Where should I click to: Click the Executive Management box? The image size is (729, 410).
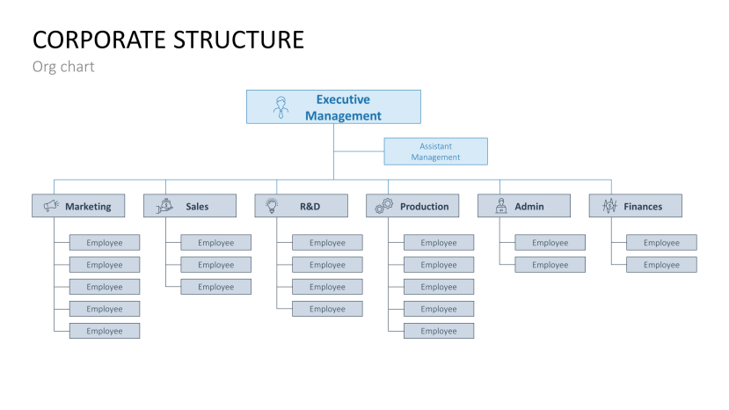pyautogui.click(x=333, y=106)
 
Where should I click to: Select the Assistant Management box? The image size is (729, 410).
pyautogui.click(x=435, y=151)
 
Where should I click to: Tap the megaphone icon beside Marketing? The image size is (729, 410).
pyautogui.click(x=51, y=206)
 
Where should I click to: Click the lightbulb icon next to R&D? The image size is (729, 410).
pyautogui.click(x=273, y=206)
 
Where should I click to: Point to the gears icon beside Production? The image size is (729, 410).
pyautogui.click(x=384, y=206)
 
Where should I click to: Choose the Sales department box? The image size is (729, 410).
pyautogui.click(x=190, y=206)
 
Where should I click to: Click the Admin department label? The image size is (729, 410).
pyautogui.click(x=529, y=207)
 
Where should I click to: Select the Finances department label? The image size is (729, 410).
pyautogui.click(x=643, y=207)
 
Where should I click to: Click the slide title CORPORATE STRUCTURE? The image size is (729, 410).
pyautogui.click(x=168, y=40)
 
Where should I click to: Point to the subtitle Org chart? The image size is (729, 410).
pyautogui.click(x=63, y=67)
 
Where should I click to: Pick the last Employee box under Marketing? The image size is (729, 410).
pyautogui.click(x=105, y=331)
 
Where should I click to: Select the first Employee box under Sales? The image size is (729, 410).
pyautogui.click(x=215, y=243)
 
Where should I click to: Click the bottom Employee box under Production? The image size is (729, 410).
pyautogui.click(x=439, y=331)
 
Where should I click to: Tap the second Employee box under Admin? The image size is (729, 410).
pyautogui.click(x=550, y=265)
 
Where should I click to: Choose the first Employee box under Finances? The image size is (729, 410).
pyautogui.click(x=661, y=243)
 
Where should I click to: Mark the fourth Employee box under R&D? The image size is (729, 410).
pyautogui.click(x=327, y=309)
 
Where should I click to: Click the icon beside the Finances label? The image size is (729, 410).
pyautogui.click(x=609, y=206)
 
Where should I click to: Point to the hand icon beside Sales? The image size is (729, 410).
pyautogui.click(x=164, y=206)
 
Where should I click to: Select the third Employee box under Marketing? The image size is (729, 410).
pyautogui.click(x=105, y=287)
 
